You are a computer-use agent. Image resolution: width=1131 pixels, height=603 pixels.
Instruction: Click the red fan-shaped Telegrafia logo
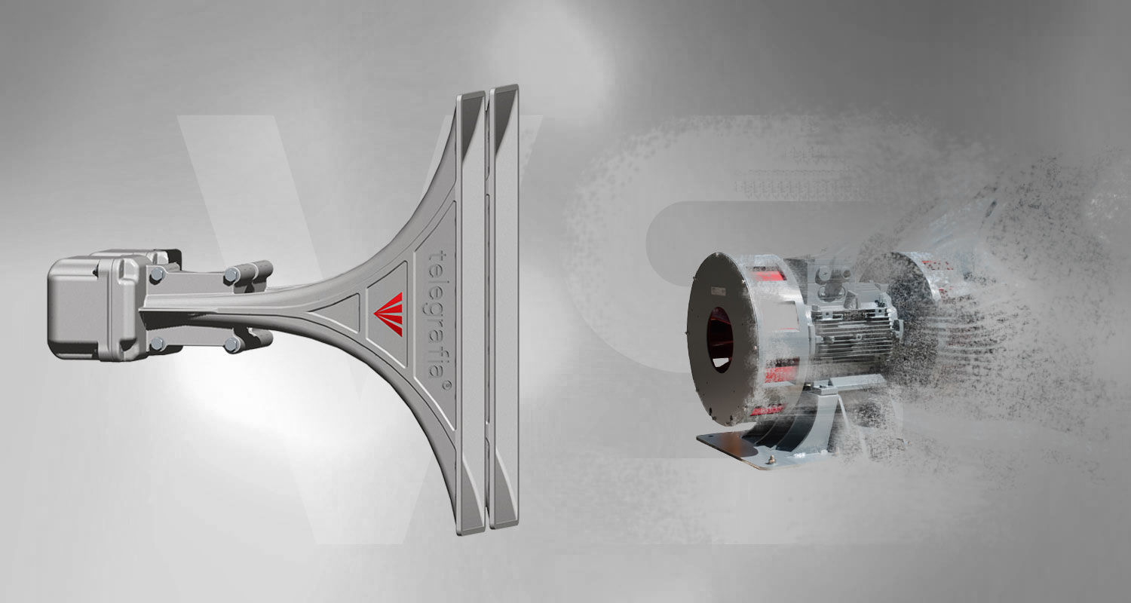pyautogui.click(x=389, y=314)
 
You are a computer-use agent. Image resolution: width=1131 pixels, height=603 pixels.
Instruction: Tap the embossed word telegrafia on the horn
pyautogui.click(x=437, y=314)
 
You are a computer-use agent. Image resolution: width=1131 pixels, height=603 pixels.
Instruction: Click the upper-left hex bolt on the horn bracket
pyautogui.click(x=157, y=275)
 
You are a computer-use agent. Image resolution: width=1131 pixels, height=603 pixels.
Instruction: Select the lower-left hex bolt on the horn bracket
pyautogui.click(x=157, y=344)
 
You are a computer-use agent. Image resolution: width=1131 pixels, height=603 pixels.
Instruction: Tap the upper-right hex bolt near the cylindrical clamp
pyautogui.click(x=231, y=276)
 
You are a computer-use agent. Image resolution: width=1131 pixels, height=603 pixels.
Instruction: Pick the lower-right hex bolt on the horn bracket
pyautogui.click(x=231, y=345)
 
